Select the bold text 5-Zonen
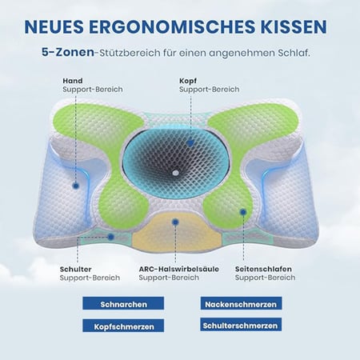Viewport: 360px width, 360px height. point(68,52)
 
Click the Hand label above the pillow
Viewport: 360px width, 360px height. point(73,81)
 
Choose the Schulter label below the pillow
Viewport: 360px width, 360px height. point(75,269)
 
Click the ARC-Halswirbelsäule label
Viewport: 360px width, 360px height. point(179,269)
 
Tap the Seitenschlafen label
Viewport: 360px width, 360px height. point(263,269)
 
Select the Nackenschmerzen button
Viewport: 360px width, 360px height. point(241,304)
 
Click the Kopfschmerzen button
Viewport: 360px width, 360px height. point(123,326)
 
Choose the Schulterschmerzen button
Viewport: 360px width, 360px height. point(241,325)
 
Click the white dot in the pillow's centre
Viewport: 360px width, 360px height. point(175,173)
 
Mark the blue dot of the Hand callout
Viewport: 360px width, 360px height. point(76,186)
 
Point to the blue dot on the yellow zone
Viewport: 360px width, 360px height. point(175,222)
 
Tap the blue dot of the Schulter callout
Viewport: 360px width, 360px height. point(111,237)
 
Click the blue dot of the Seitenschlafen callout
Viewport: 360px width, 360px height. point(243,212)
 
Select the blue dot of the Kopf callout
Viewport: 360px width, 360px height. point(190,143)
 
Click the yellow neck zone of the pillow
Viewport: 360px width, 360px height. point(177,234)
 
